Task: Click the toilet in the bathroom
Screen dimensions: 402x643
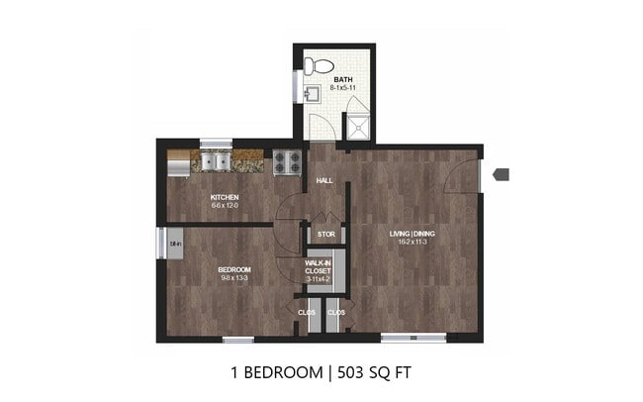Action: click(x=317, y=66)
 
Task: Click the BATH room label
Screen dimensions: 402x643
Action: click(x=342, y=79)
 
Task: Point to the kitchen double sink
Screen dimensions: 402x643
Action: click(x=215, y=161)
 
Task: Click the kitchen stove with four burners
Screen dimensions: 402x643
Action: click(x=287, y=161)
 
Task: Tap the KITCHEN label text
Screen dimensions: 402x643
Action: click(x=225, y=197)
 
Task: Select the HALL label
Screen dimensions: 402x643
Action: click(x=323, y=182)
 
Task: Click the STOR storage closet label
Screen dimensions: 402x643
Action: click(x=325, y=235)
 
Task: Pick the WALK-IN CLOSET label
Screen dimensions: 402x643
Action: click(x=319, y=265)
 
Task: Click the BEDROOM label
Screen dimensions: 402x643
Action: click(x=234, y=269)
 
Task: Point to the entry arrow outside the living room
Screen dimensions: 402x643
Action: click(x=501, y=174)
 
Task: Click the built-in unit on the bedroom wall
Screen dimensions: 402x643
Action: click(x=173, y=243)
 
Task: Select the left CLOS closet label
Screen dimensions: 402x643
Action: click(x=306, y=313)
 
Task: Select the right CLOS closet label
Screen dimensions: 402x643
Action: click(x=335, y=313)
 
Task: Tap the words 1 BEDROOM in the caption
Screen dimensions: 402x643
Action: click(x=277, y=373)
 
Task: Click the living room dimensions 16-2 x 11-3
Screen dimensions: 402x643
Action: click(x=412, y=244)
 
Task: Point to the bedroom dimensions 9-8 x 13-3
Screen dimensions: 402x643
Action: click(x=234, y=278)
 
